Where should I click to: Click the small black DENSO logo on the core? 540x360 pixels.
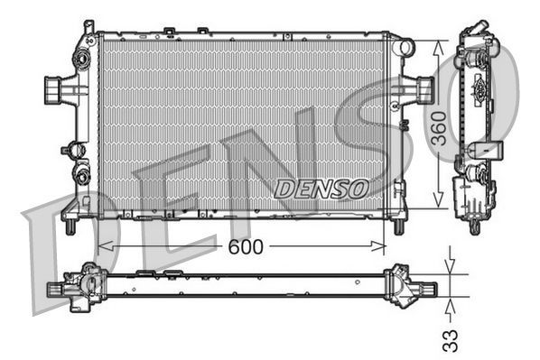(321, 189)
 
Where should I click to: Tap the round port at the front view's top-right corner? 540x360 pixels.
(403, 46)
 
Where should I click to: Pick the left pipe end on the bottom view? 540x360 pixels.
(56, 290)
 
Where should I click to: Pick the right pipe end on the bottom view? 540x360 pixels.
(427, 289)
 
